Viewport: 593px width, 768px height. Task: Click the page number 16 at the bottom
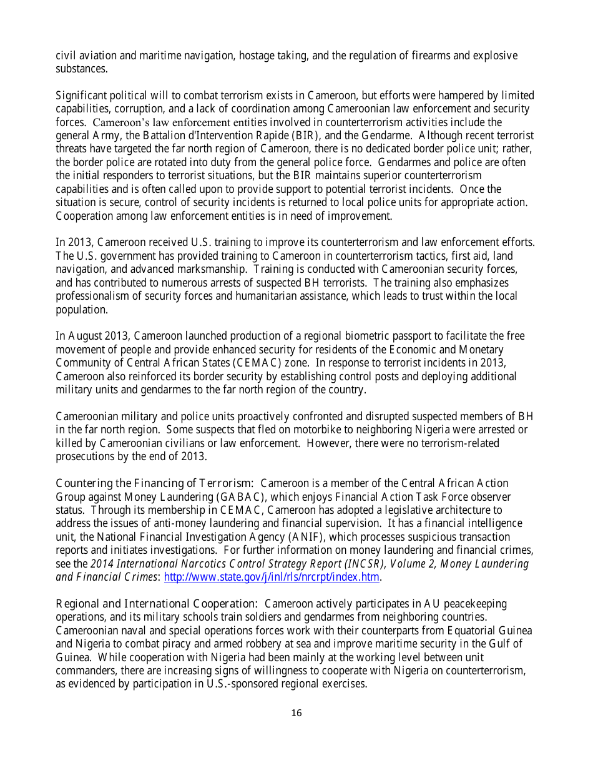click(x=296, y=713)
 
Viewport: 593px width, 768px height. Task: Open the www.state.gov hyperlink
click(x=272, y=578)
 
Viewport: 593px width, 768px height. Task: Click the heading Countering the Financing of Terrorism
click(x=154, y=483)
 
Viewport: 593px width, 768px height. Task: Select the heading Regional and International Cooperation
click(x=156, y=604)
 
